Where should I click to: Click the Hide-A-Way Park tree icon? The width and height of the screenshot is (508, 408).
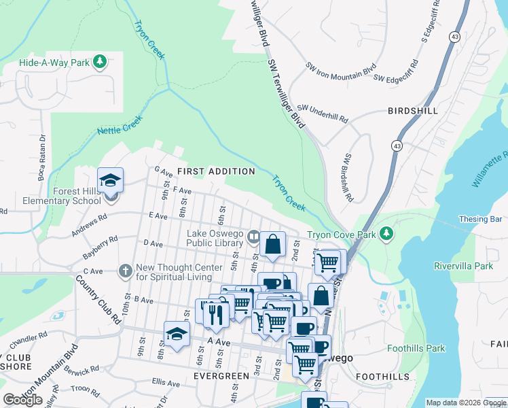(x=101, y=63)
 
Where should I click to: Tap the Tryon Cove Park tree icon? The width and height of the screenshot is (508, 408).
(x=386, y=234)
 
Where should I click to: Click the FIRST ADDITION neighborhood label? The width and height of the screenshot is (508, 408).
(x=216, y=171)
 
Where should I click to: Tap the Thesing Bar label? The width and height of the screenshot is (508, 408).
(x=480, y=220)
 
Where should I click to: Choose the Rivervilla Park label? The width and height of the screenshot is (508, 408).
(x=463, y=266)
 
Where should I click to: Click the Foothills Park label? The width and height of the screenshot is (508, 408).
(x=416, y=348)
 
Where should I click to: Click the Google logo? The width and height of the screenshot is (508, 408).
(x=22, y=400)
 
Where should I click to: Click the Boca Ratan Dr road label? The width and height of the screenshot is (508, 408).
(x=42, y=146)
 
